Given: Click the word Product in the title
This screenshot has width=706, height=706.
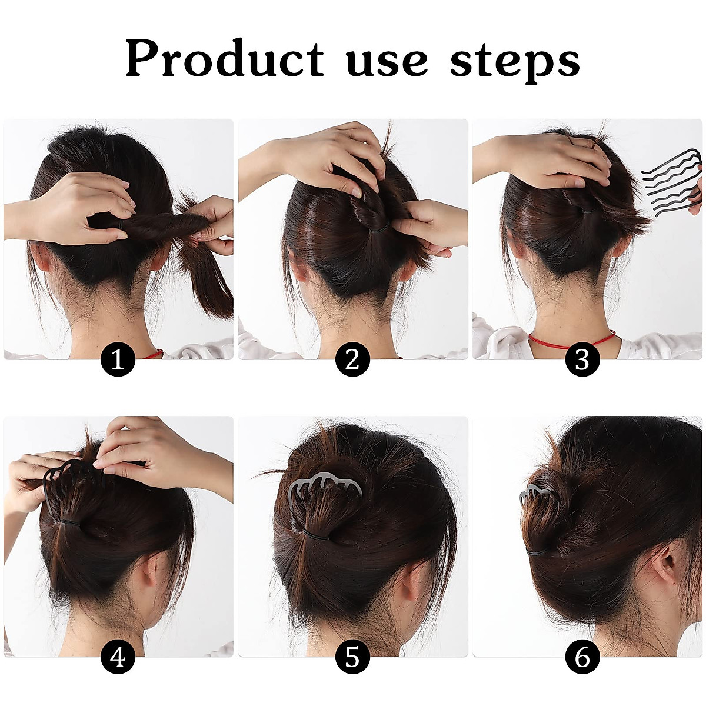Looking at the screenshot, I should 224,59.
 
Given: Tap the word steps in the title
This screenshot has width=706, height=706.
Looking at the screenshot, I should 515,62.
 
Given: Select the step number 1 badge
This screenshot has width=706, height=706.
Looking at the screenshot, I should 118,359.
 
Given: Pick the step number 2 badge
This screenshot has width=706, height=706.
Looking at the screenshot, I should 352,359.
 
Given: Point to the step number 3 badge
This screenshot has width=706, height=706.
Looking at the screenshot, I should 582,359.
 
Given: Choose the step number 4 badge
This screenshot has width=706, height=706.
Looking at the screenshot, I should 118,656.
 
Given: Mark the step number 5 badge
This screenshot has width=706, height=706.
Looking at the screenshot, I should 352,656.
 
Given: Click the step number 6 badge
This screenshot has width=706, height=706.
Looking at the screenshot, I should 582,656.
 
